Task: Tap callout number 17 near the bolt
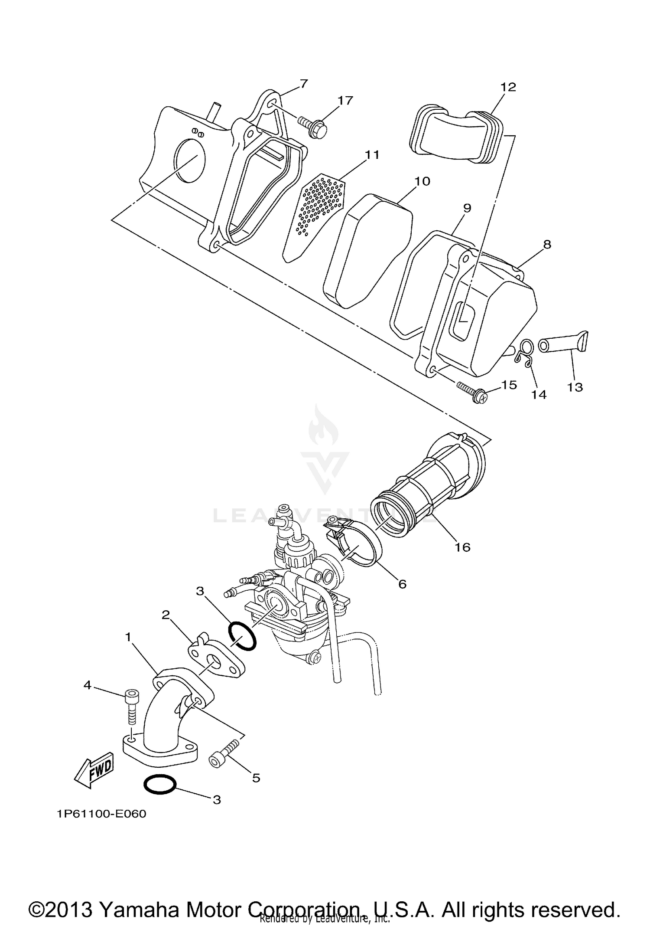pos(345,101)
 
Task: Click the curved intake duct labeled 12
pos(457,134)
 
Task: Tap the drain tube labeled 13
pos(563,345)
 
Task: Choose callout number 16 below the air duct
pos(462,547)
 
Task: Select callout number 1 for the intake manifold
pos(128,637)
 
